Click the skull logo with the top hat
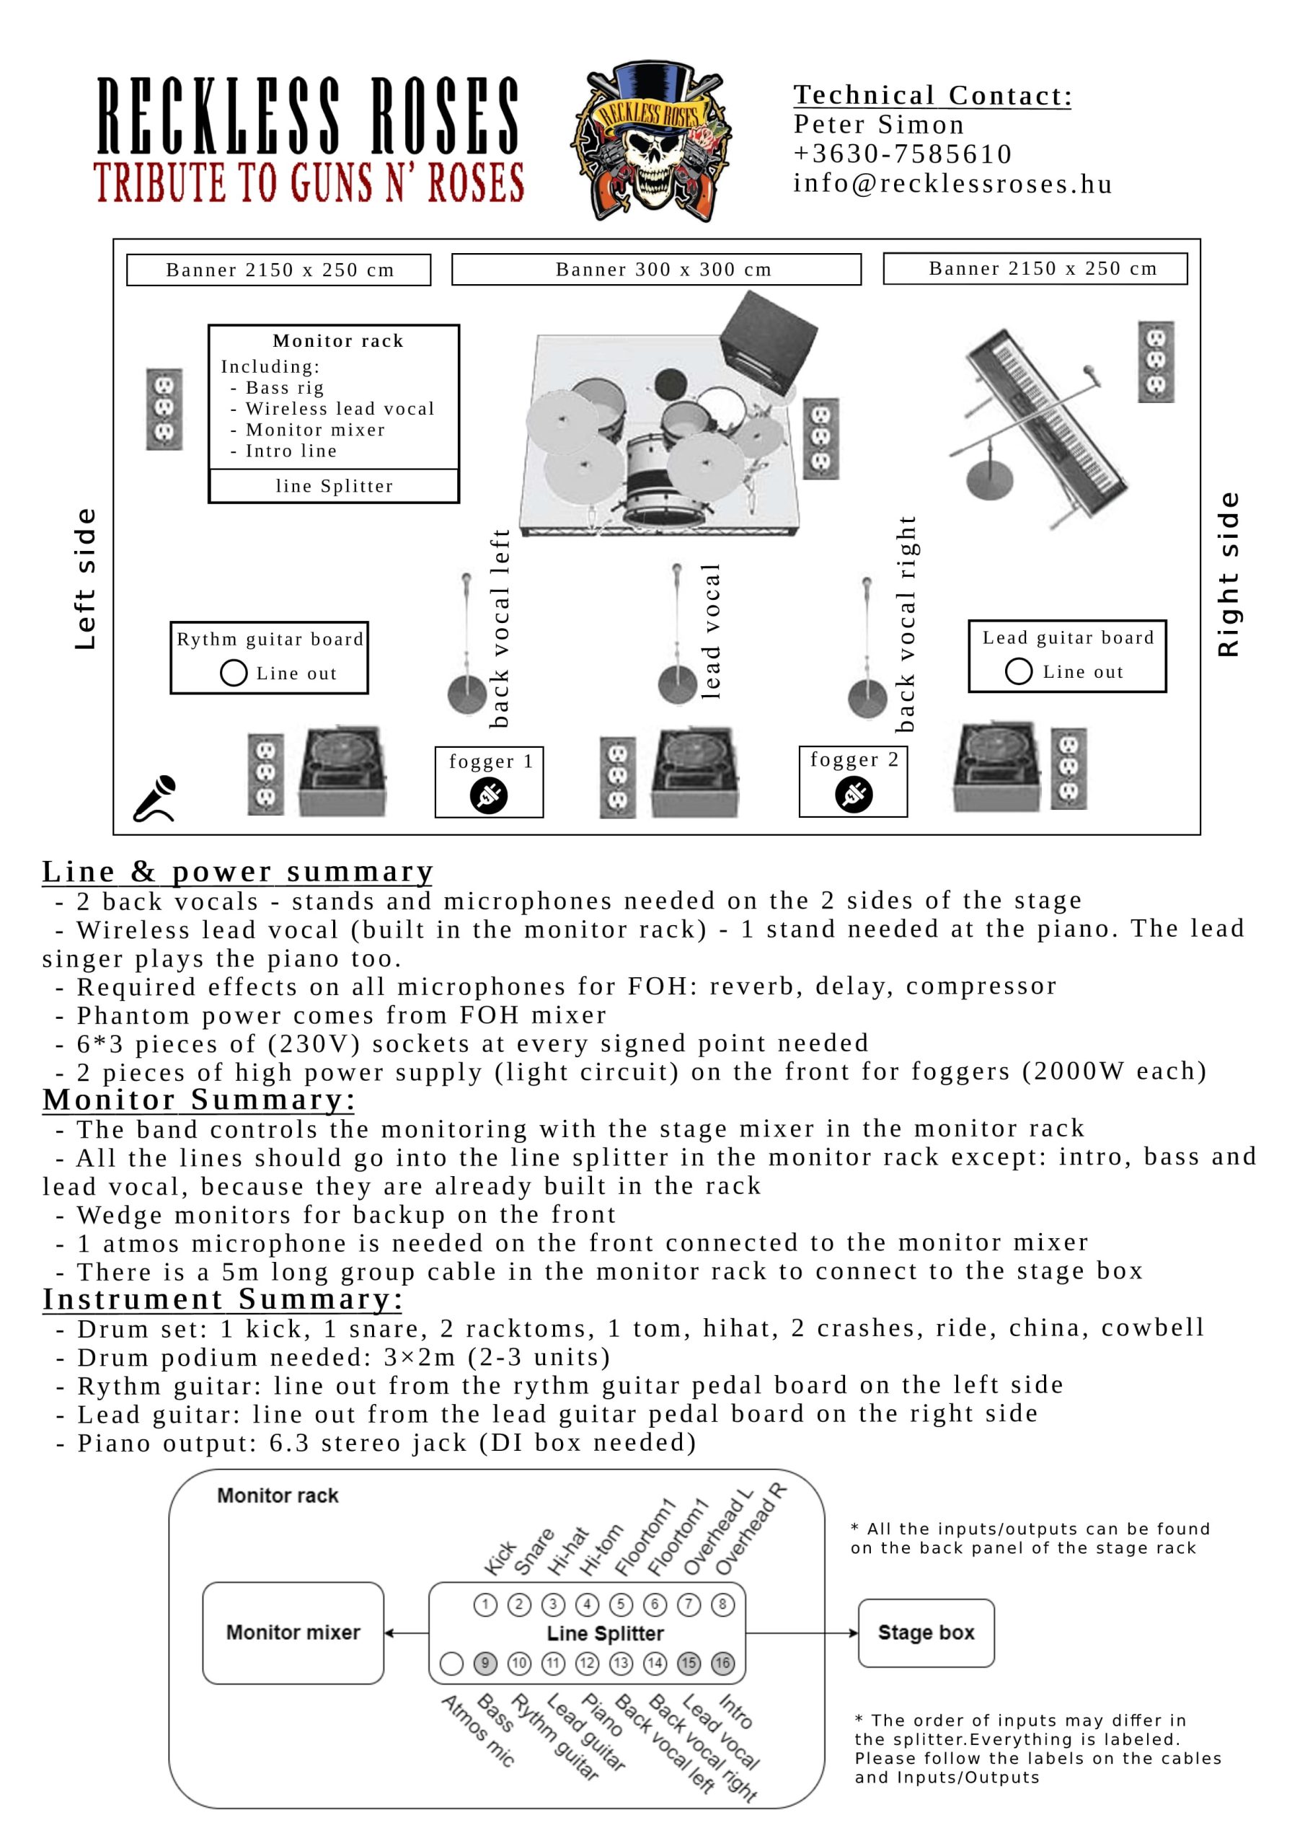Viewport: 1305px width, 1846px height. [x=650, y=140]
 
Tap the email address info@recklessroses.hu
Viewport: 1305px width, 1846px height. [x=953, y=183]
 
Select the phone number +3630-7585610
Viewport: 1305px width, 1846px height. [x=902, y=154]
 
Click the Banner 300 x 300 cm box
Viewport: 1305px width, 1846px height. [x=656, y=270]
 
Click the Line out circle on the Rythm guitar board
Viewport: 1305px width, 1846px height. [x=233, y=673]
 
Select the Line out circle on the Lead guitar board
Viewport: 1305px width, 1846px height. [x=1018, y=671]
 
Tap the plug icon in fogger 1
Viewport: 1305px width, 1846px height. [x=489, y=796]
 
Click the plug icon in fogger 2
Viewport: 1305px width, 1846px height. [x=854, y=795]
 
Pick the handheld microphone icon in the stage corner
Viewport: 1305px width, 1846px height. [x=155, y=798]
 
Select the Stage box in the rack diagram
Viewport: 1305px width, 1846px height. [x=926, y=1633]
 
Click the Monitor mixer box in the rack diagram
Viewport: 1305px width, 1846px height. [x=293, y=1633]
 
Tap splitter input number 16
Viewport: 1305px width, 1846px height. [x=723, y=1663]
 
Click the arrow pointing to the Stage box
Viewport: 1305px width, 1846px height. [x=802, y=1633]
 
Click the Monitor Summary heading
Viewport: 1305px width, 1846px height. [x=198, y=1099]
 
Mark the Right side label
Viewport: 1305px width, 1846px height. [x=1228, y=574]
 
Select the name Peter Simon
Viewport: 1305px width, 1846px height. [x=879, y=125]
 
